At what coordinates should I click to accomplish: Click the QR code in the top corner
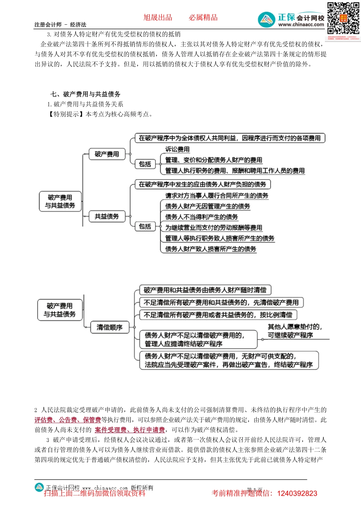(x=343, y=18)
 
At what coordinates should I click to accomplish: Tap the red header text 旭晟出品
(x=158, y=17)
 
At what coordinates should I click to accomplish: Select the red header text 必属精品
(x=203, y=17)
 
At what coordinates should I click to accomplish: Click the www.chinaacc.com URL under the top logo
(x=301, y=25)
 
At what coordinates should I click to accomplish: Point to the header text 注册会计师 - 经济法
(x=60, y=25)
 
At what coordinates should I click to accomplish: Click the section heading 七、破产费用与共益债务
(x=85, y=94)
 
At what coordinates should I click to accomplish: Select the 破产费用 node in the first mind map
(x=107, y=154)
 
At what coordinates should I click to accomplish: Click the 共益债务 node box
(x=107, y=216)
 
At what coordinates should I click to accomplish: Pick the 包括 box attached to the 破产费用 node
(x=145, y=164)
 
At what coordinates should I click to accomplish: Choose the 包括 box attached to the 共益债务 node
(x=145, y=227)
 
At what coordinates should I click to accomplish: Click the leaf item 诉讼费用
(x=177, y=149)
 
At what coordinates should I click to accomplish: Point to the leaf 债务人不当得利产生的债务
(x=201, y=217)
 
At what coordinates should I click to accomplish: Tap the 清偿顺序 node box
(x=109, y=327)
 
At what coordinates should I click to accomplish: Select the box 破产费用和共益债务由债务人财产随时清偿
(x=205, y=290)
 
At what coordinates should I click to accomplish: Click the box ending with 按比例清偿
(x=218, y=315)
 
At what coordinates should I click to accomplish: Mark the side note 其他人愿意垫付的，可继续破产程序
(x=295, y=331)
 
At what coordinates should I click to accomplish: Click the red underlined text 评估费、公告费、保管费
(x=68, y=420)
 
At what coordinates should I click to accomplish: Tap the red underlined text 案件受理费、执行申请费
(x=130, y=430)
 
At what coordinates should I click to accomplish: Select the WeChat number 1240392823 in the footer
(x=297, y=494)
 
